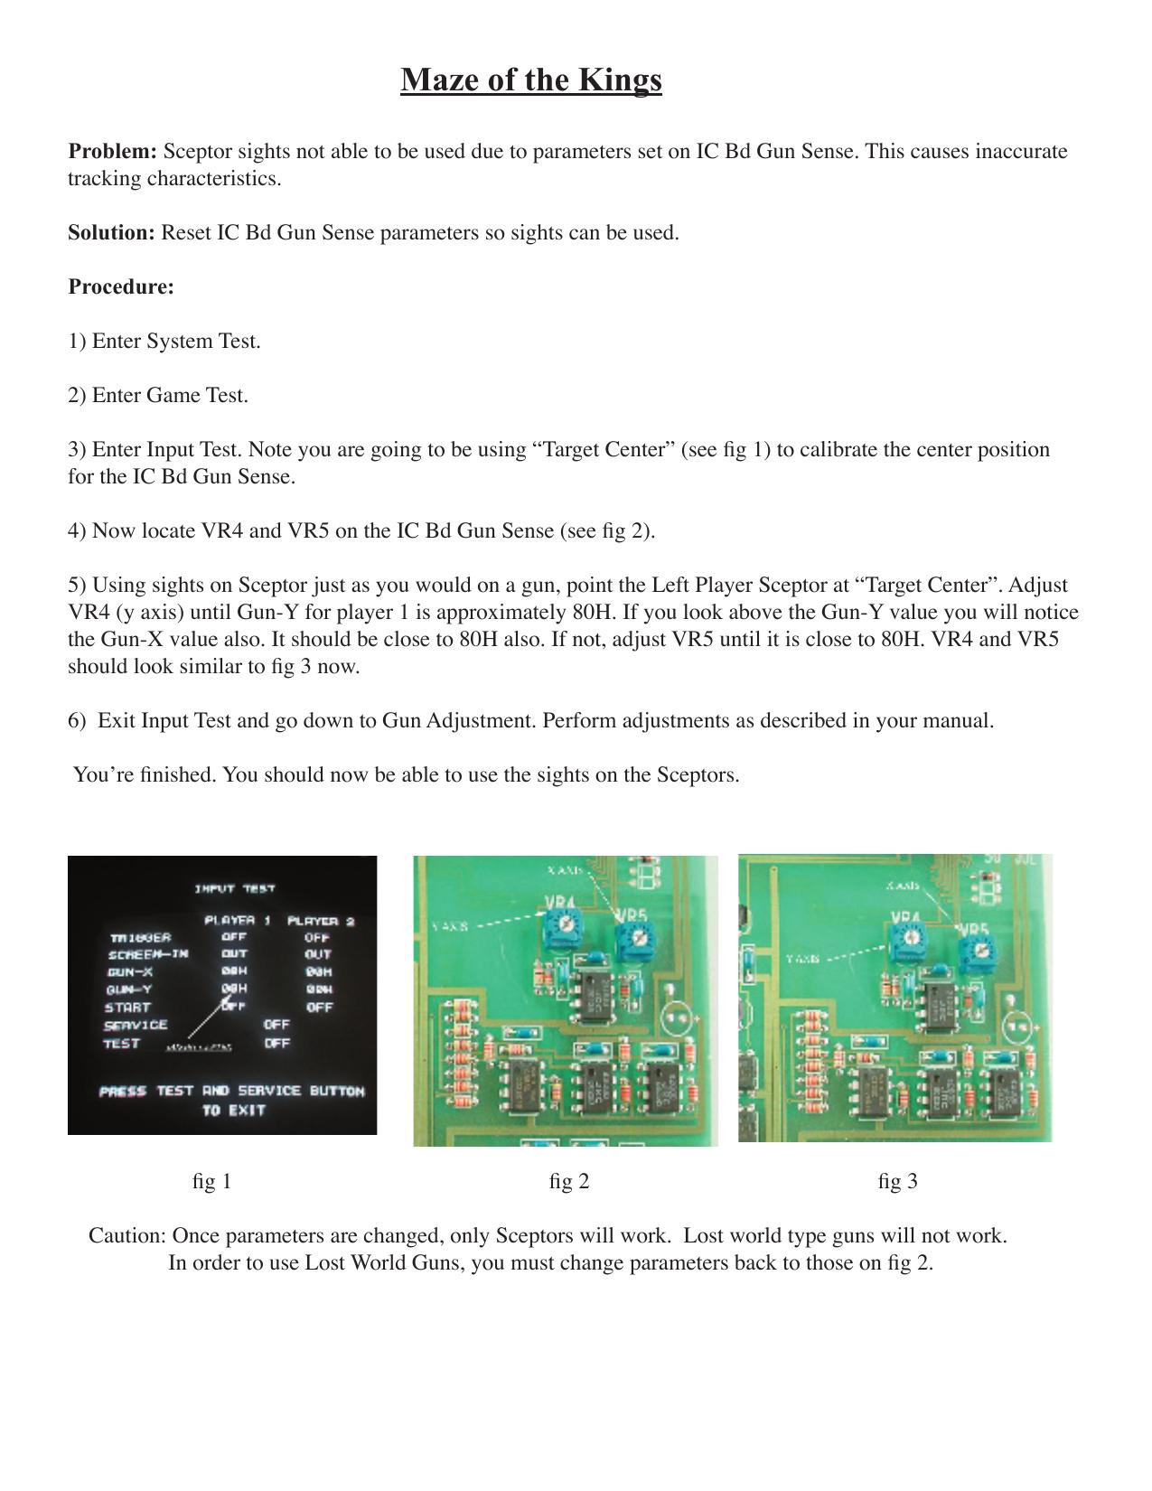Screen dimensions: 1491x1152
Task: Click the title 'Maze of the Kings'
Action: pyautogui.click(x=531, y=80)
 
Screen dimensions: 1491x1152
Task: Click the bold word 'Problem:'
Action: pyautogui.click(x=113, y=151)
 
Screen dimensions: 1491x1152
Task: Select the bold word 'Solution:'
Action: pyautogui.click(x=111, y=232)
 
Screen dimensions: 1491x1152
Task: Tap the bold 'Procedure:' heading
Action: pyautogui.click(x=121, y=286)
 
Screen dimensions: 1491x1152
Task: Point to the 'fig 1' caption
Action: pyautogui.click(x=212, y=1181)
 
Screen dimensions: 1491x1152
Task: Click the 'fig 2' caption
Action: pyautogui.click(x=569, y=1181)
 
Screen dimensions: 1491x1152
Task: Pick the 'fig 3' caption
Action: pyautogui.click(x=897, y=1181)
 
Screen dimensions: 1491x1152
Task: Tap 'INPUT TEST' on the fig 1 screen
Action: pyautogui.click(x=235, y=889)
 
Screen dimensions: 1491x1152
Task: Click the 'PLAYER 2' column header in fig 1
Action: pyautogui.click(x=320, y=921)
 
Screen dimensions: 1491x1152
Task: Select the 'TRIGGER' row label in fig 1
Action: pyautogui.click(x=140, y=938)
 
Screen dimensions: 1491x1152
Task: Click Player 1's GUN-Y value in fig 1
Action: pyautogui.click(x=234, y=989)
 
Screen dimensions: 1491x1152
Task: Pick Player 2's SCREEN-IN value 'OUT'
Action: pyautogui.click(x=318, y=954)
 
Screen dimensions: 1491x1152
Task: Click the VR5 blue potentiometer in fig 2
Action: pyautogui.click(x=633, y=942)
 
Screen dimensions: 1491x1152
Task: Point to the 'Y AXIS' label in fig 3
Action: pyautogui.click(x=802, y=959)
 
